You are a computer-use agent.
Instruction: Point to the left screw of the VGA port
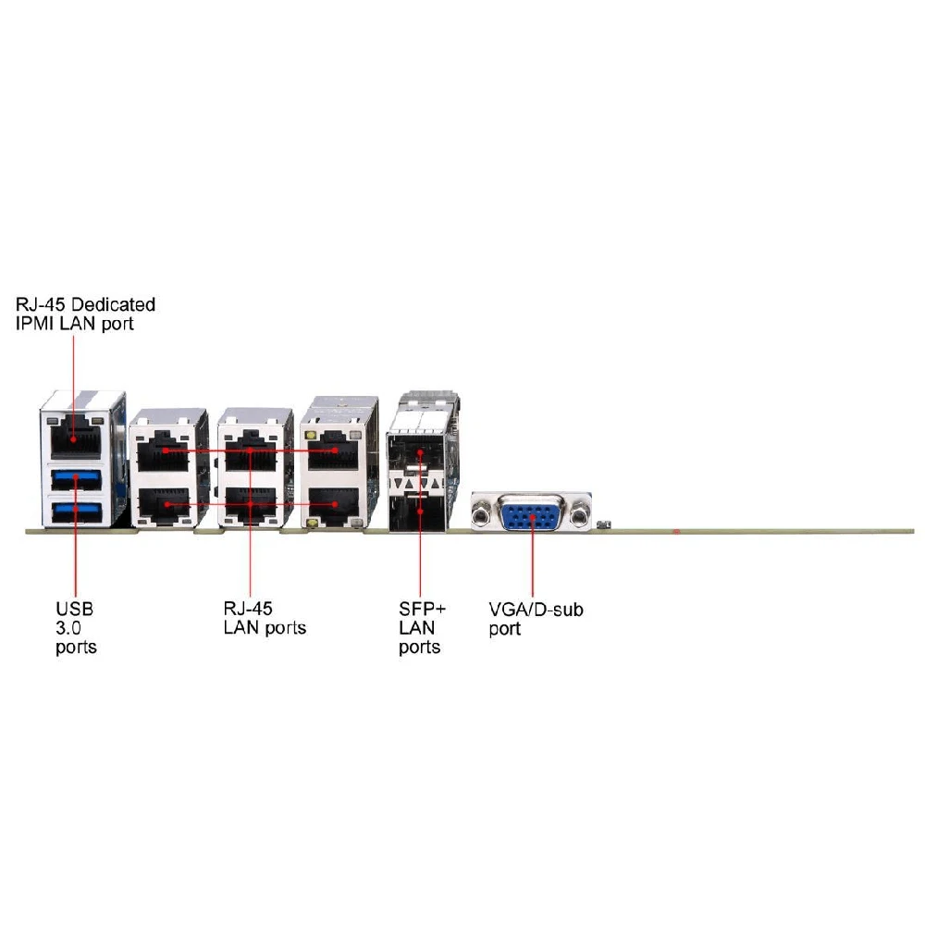coord(482,512)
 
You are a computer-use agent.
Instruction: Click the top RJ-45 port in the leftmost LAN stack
coord(164,452)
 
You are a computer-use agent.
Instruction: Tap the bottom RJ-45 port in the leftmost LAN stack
coord(164,505)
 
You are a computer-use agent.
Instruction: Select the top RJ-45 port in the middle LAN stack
coord(250,452)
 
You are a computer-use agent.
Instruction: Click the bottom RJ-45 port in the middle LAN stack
coord(250,505)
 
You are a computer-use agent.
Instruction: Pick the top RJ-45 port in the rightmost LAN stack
coord(335,452)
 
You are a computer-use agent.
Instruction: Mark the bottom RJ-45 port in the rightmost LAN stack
coord(335,505)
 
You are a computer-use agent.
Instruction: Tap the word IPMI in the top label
coord(35,324)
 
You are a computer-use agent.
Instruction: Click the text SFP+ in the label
coord(422,609)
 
